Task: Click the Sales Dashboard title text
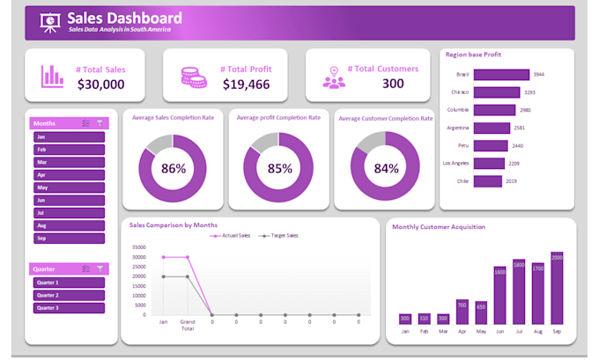[x=124, y=18]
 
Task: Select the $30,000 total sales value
[x=100, y=84]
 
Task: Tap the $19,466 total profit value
[x=246, y=84]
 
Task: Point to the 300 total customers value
[x=393, y=84]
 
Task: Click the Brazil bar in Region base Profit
[x=501, y=75]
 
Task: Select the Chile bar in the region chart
[x=487, y=181]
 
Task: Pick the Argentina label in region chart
[x=457, y=128]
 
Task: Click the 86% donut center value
[x=174, y=169]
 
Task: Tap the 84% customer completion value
[x=386, y=169]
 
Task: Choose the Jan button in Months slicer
[x=69, y=137]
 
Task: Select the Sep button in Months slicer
[x=69, y=238]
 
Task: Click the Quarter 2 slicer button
[x=69, y=295]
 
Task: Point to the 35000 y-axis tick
[x=138, y=247]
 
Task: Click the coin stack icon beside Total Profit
[x=193, y=76]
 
